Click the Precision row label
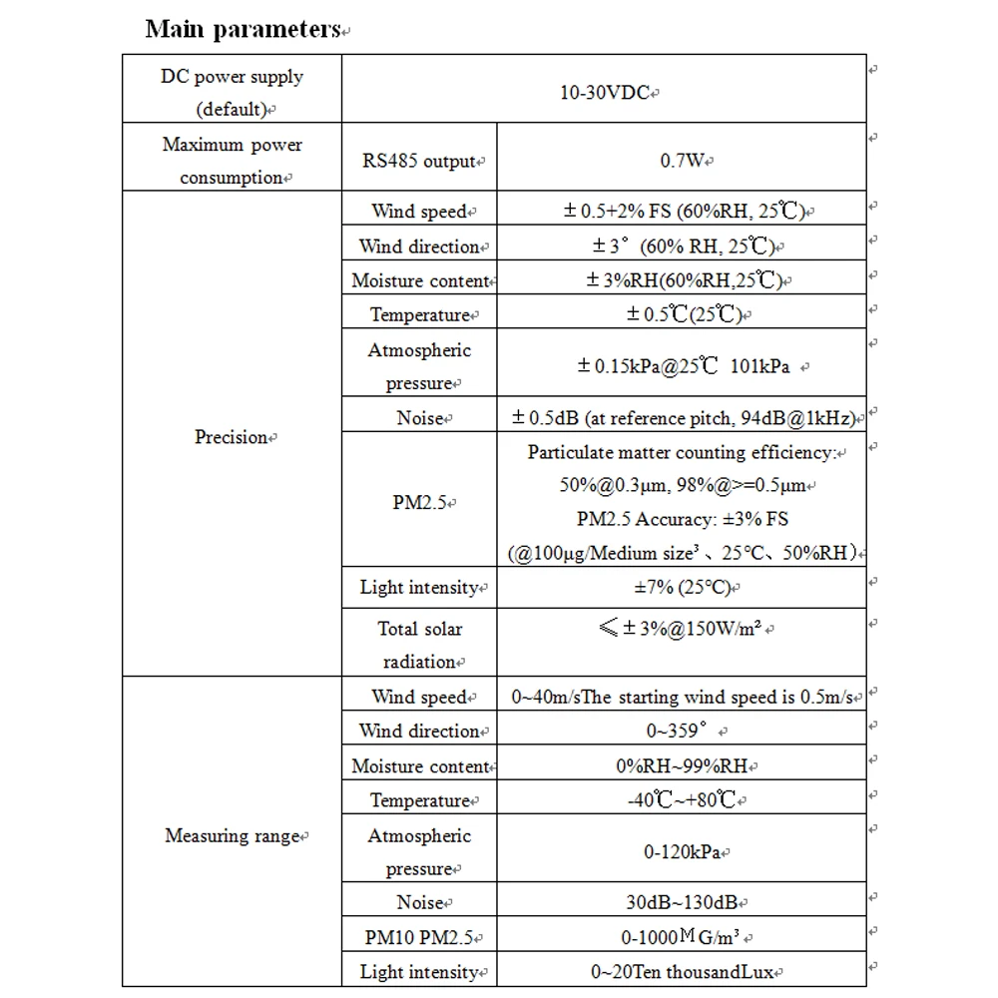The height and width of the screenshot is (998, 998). click(x=232, y=437)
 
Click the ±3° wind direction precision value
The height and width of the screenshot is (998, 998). click(x=681, y=247)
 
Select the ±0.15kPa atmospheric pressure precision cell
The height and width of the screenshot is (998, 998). click(x=683, y=366)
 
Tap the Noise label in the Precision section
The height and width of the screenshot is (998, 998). click(x=420, y=418)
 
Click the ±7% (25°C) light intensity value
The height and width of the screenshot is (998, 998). click(x=681, y=588)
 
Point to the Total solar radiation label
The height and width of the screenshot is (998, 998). click(x=420, y=645)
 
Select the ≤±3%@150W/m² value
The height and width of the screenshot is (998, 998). click(x=683, y=629)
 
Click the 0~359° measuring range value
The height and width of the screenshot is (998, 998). click(x=683, y=732)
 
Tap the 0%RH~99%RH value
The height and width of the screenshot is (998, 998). click(x=683, y=766)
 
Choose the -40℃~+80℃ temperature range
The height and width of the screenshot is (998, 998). click(x=683, y=800)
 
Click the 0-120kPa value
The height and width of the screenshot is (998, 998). click(x=683, y=852)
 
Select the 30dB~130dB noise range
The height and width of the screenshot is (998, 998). click(x=683, y=903)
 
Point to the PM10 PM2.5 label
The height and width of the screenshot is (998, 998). click(x=420, y=937)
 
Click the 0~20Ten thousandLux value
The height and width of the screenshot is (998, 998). click(x=683, y=972)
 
